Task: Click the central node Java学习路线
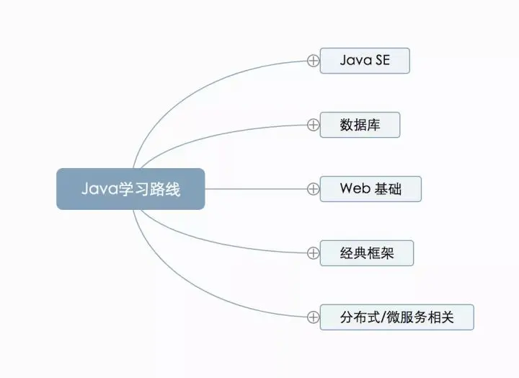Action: [x=130, y=189]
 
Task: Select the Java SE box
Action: [x=365, y=61]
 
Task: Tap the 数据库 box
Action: [x=360, y=125]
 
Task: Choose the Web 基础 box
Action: [x=371, y=189]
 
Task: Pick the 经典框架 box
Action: [x=367, y=253]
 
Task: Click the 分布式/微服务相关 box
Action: [x=396, y=317]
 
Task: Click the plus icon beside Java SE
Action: [x=313, y=61]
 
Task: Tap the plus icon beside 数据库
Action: [x=313, y=125]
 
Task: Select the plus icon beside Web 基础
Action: [x=313, y=189]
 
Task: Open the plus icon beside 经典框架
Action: [x=313, y=253]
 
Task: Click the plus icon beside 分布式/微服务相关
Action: [x=313, y=317]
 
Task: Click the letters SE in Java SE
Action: [x=381, y=61]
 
